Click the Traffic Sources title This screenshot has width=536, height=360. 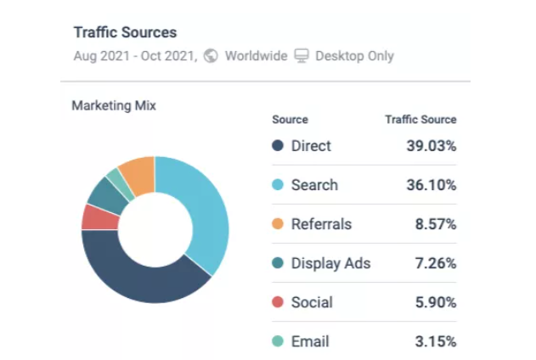[125, 33]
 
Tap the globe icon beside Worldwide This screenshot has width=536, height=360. [211, 56]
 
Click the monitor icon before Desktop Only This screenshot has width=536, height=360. [302, 56]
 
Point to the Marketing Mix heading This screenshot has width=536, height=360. [114, 106]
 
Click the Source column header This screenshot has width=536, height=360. [290, 120]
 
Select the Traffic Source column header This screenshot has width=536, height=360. [420, 120]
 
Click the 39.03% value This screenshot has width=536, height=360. [431, 146]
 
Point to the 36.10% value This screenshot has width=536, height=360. [431, 185]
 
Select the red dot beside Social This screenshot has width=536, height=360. [278, 302]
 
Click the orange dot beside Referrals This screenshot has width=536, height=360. [278, 224]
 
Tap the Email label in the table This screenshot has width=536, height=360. [310, 341]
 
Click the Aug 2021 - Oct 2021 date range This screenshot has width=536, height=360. [135, 56]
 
